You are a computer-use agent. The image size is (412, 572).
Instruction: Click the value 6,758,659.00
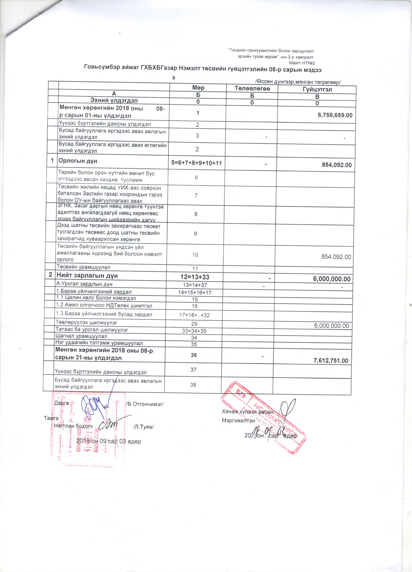pos(335,115)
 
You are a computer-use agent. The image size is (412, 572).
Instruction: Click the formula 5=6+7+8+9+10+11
pos(197,163)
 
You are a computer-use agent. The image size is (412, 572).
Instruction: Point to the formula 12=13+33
pos(195,277)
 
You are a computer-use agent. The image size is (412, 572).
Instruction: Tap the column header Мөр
pos(198,88)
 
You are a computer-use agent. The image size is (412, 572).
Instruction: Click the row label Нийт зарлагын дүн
pos(87,276)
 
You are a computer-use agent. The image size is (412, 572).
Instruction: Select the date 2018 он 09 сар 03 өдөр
pos(109,441)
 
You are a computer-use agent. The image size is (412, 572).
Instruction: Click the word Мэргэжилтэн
pos(238,420)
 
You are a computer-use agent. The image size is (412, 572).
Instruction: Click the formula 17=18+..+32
pos(196,315)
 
